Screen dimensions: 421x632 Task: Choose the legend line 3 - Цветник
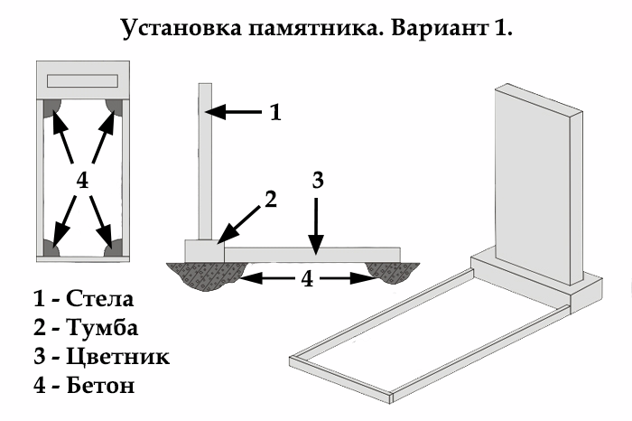100,356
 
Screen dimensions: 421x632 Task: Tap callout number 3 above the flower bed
317,179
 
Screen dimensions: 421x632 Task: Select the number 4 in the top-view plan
82,181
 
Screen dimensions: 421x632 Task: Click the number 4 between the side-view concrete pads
308,279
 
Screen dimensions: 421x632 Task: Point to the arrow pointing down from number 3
316,221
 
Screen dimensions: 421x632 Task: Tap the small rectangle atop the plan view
83,79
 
